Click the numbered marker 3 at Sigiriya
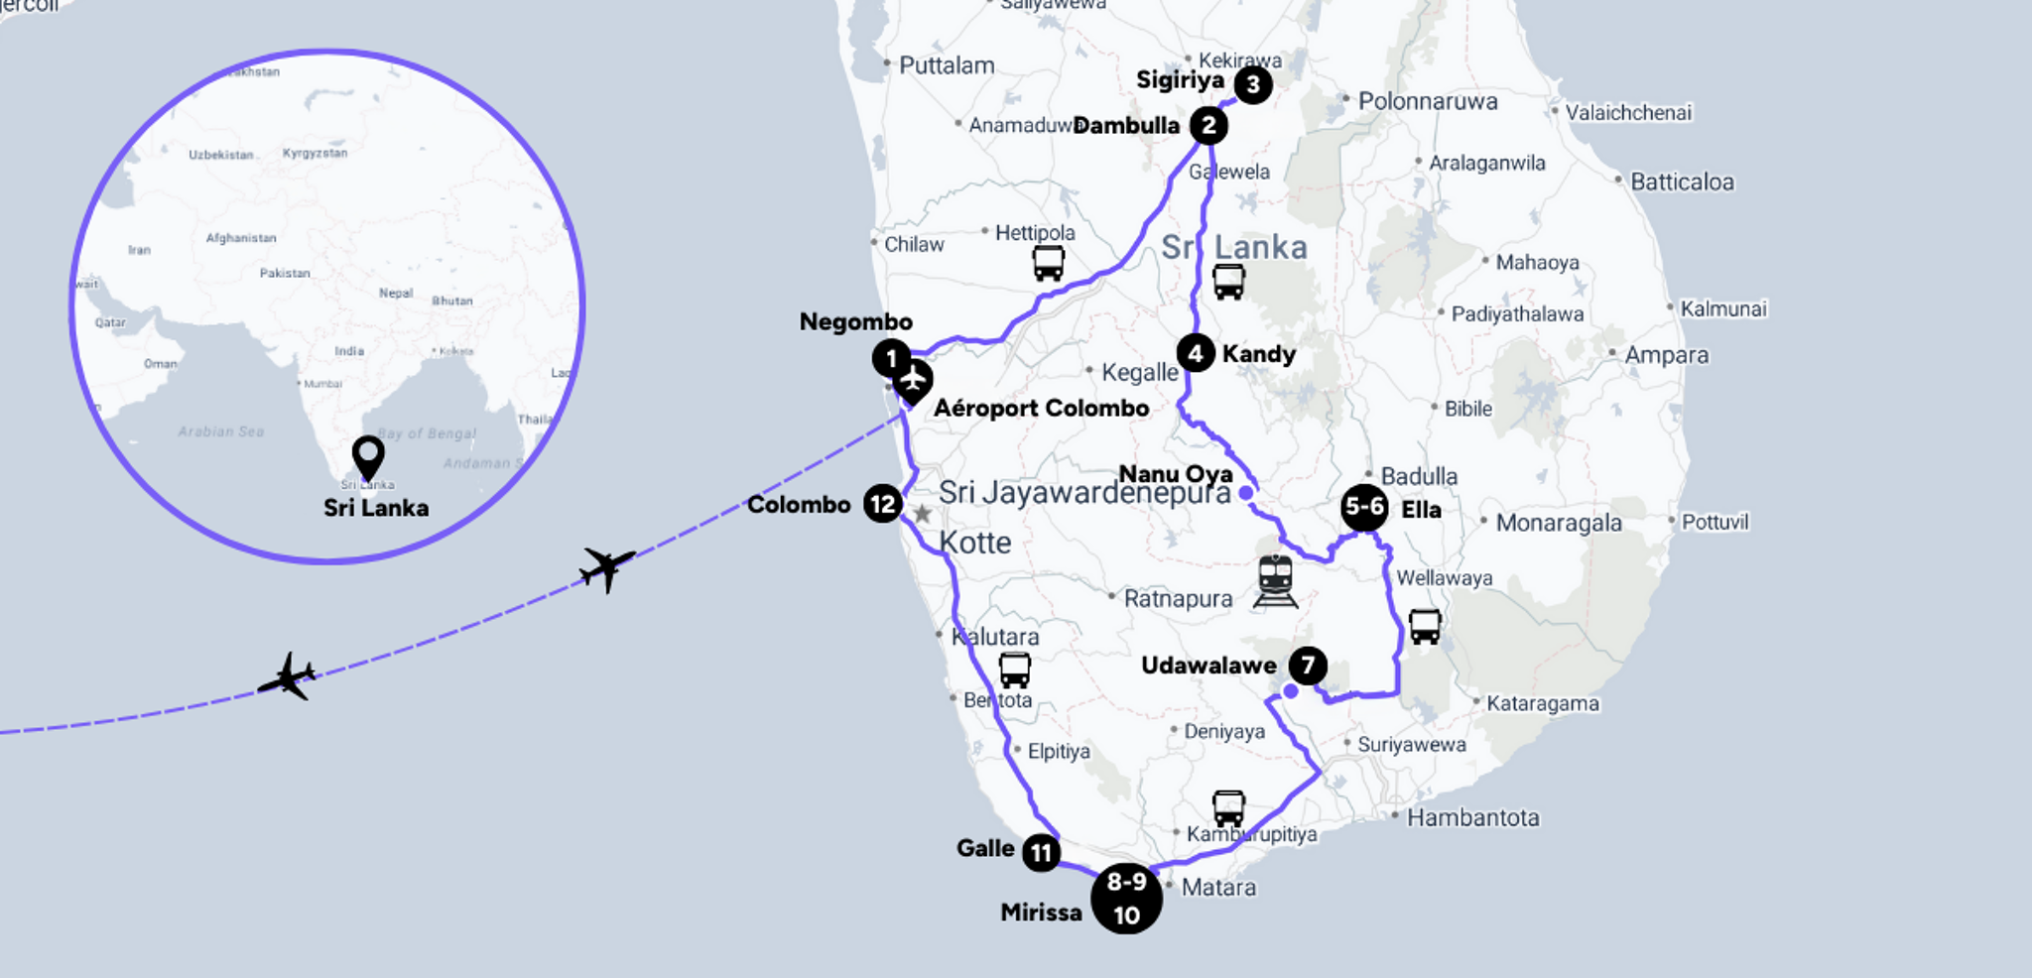tap(1253, 85)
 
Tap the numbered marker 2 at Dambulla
tap(1208, 126)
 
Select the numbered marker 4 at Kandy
tap(1196, 353)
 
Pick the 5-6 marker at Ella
tap(1364, 508)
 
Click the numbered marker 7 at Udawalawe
tap(1308, 666)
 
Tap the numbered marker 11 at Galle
tap(1041, 852)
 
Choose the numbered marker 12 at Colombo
tap(882, 504)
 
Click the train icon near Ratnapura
tap(1275, 580)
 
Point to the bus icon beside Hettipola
tap(1048, 263)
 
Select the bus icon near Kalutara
tap(1014, 671)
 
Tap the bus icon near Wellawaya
tap(1425, 627)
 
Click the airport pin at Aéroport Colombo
tap(913, 382)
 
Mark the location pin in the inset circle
tap(368, 457)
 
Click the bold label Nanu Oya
tap(1175, 474)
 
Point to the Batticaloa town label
tap(1682, 183)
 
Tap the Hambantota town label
tap(1472, 818)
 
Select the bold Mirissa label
tap(1041, 913)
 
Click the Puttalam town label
tap(946, 66)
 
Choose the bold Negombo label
tap(855, 322)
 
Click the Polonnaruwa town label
tap(1427, 101)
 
